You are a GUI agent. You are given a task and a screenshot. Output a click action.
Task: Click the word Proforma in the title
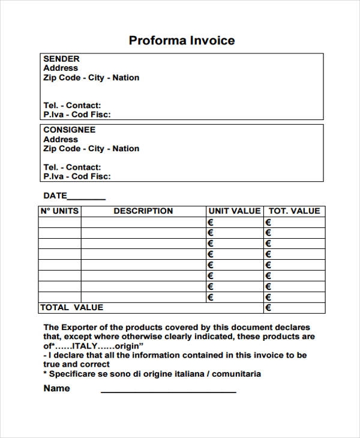click(157, 41)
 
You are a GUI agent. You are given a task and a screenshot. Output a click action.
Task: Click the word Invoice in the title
click(212, 41)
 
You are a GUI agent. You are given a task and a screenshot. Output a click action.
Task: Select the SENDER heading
click(61, 59)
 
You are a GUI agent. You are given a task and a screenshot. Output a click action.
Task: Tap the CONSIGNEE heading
click(69, 130)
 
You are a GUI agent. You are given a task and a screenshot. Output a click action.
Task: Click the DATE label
click(55, 196)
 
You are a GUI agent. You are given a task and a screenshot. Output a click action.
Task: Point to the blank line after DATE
click(86, 199)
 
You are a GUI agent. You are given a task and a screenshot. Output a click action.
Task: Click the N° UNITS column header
click(59, 211)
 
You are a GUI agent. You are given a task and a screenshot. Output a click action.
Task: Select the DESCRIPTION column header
click(143, 211)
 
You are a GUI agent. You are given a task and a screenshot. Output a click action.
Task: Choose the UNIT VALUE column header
click(234, 211)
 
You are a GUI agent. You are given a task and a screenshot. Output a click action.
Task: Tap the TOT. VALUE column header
click(294, 211)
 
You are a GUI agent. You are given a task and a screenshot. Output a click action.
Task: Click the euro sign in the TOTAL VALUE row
click(268, 308)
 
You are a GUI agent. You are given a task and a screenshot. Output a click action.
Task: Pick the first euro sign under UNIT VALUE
click(211, 223)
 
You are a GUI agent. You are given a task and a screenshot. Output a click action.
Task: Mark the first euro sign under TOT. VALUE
click(268, 223)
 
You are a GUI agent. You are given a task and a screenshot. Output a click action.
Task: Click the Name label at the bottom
click(56, 388)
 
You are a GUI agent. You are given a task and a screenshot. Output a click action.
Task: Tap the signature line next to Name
click(168, 392)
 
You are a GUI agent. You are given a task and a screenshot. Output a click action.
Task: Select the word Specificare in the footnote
click(74, 374)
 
